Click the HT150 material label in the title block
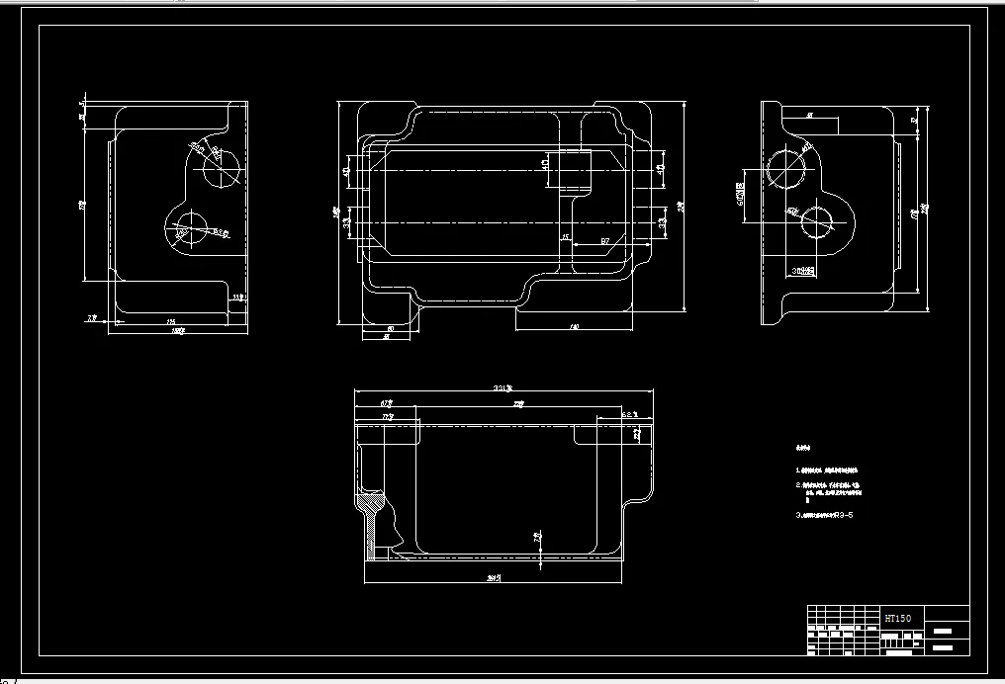pyautogui.click(x=898, y=619)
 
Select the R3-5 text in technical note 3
pyautogui.click(x=843, y=515)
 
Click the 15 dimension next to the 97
pyautogui.click(x=565, y=238)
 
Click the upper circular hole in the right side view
pyautogui.click(x=787, y=167)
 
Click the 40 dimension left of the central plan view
pyautogui.click(x=346, y=170)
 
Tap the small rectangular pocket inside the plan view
pyautogui.click(x=572, y=169)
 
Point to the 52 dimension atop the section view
pyautogui.click(x=628, y=414)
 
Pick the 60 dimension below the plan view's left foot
pyautogui.click(x=390, y=328)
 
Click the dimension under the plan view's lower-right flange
pyautogui.click(x=574, y=326)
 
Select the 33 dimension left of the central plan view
pyautogui.click(x=346, y=223)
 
